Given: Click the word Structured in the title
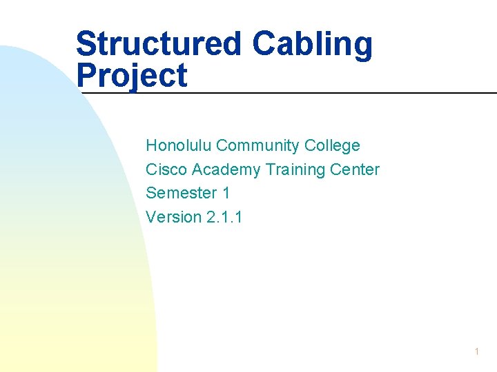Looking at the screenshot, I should point(159,44).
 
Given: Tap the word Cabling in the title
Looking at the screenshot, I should point(312,44).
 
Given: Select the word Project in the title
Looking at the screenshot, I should point(132,76).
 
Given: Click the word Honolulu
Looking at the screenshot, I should point(178,145).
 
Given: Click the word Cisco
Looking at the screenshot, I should point(166,169).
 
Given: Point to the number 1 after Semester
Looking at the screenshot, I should point(226,194).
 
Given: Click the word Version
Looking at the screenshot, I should point(173,218).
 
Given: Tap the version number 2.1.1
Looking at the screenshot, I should point(224,218).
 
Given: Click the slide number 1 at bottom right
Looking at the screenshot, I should point(477,352).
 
